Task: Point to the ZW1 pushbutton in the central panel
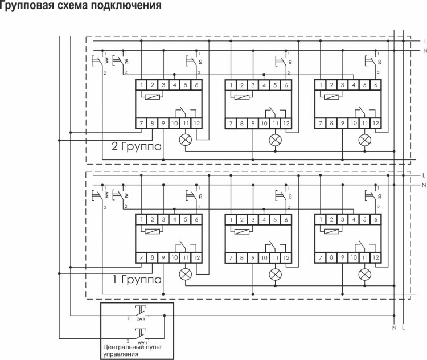pyautogui.click(x=139, y=312)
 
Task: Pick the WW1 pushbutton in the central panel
pyautogui.click(x=139, y=332)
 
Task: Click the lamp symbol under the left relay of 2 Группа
pyautogui.click(x=185, y=139)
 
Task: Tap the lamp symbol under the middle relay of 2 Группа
pyautogui.click(x=276, y=139)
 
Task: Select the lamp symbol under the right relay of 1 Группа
pyautogui.click(x=365, y=273)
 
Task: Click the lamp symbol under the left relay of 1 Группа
pyautogui.click(x=185, y=273)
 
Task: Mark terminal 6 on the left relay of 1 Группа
pyautogui.click(x=196, y=219)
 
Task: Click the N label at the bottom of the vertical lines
pyautogui.click(x=394, y=329)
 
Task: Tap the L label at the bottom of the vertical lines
pyautogui.click(x=403, y=329)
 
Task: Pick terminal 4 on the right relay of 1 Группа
pyautogui.click(x=354, y=219)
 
